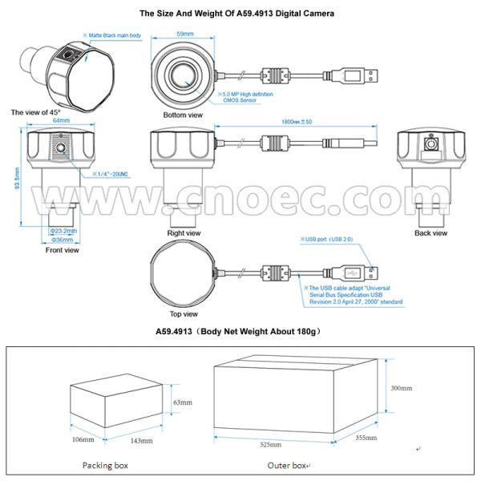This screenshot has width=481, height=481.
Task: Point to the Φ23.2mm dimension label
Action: (x=63, y=229)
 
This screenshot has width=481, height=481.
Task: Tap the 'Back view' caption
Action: (x=430, y=233)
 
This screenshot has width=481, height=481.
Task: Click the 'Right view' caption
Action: (x=183, y=233)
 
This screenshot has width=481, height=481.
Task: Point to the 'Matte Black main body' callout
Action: (x=114, y=36)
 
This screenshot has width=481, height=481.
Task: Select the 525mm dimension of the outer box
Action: (x=269, y=444)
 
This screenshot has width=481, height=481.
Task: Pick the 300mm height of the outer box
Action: (x=401, y=387)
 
